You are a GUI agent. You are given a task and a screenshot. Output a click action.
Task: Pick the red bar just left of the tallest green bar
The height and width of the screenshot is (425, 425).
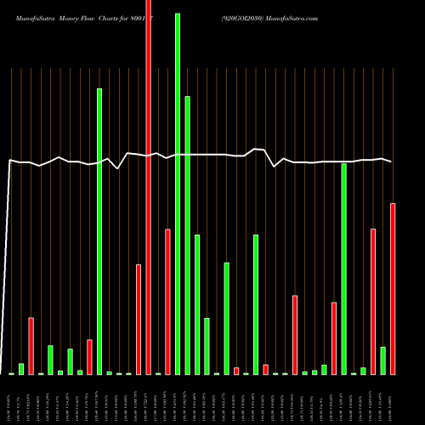[167, 302]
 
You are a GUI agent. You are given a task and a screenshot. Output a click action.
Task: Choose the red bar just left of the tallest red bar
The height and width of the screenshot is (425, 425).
[139, 320]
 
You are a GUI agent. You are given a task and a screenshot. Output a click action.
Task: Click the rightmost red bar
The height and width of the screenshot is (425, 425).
[393, 289]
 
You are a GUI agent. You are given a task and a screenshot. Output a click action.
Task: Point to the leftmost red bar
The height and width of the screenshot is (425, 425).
[31, 346]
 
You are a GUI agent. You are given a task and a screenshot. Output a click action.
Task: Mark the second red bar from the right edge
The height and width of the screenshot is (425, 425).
[373, 302]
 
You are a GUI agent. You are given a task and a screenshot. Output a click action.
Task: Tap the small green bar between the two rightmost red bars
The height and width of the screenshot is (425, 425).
[382, 360]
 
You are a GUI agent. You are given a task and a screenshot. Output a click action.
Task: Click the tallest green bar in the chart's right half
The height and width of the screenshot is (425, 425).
[343, 269]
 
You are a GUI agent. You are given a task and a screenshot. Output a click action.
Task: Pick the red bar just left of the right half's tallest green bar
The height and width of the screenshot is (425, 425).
[334, 338]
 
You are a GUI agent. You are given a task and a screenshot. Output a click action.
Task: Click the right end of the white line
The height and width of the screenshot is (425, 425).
[391, 161]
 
